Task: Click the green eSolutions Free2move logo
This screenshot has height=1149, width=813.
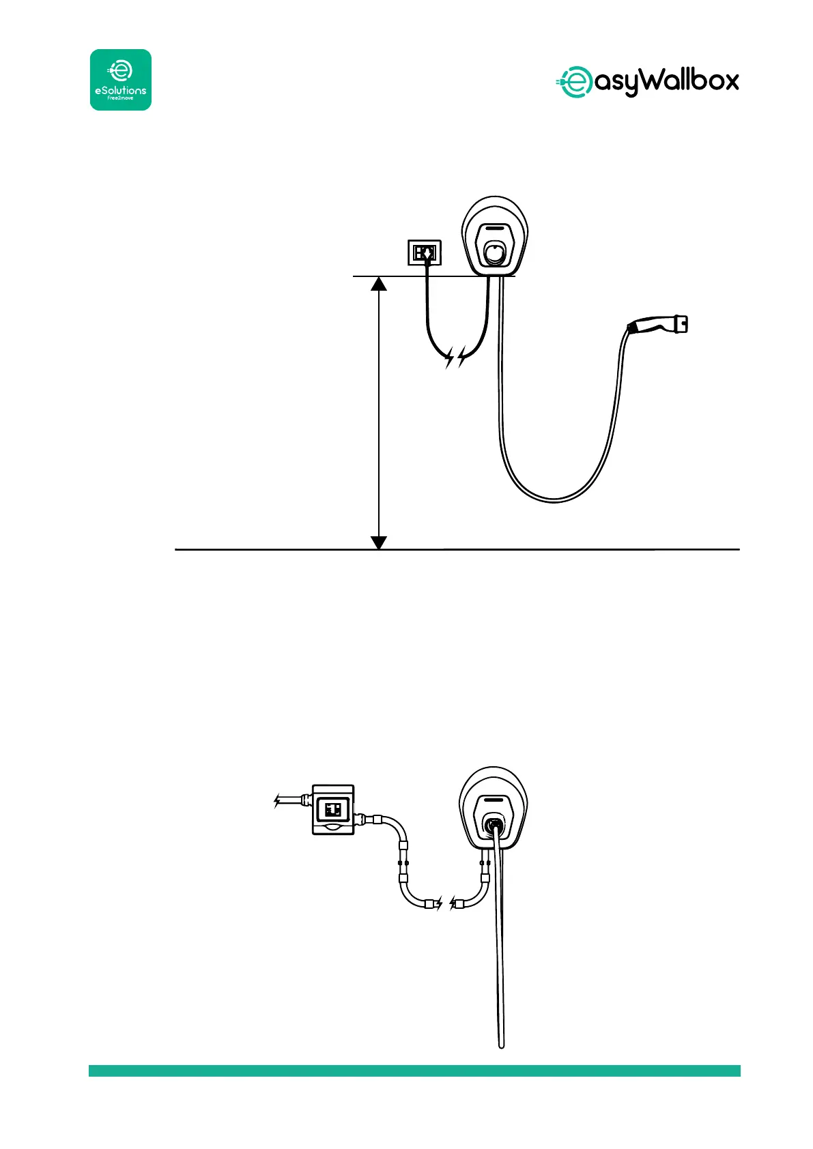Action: pyautogui.click(x=121, y=80)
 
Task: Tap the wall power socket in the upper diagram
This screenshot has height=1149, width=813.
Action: pyautogui.click(x=424, y=252)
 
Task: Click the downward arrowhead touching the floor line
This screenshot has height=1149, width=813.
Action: pyautogui.click(x=378, y=542)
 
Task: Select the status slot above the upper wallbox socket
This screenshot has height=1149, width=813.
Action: pyautogui.click(x=496, y=229)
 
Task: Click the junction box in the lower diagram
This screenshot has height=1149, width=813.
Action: pyautogui.click(x=333, y=809)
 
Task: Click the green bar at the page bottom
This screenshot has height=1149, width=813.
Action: pyautogui.click(x=414, y=1071)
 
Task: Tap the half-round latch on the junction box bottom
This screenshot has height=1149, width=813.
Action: pyautogui.click(x=334, y=828)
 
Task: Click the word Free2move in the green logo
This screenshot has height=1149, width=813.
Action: pyautogui.click(x=120, y=98)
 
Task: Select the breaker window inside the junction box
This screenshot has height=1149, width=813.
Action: pyautogui.click(x=333, y=811)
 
